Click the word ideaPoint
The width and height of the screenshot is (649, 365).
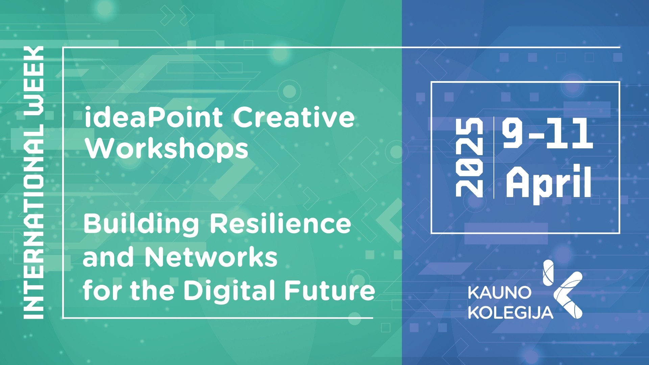pyautogui.click(x=153, y=117)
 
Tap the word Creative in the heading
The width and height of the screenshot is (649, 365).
pyautogui.click(x=294, y=117)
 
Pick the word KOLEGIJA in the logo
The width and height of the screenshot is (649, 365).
pyautogui.click(x=510, y=313)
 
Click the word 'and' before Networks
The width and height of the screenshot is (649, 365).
pyautogui.click(x=108, y=257)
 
